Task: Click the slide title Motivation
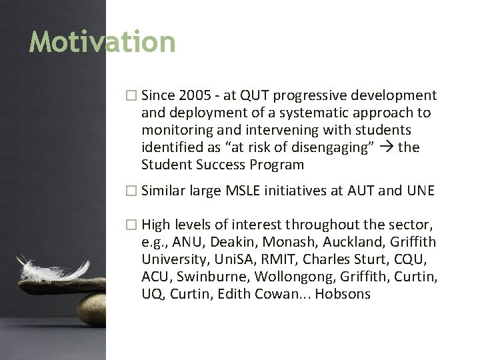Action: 102,42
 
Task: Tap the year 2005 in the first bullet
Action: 195,96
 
